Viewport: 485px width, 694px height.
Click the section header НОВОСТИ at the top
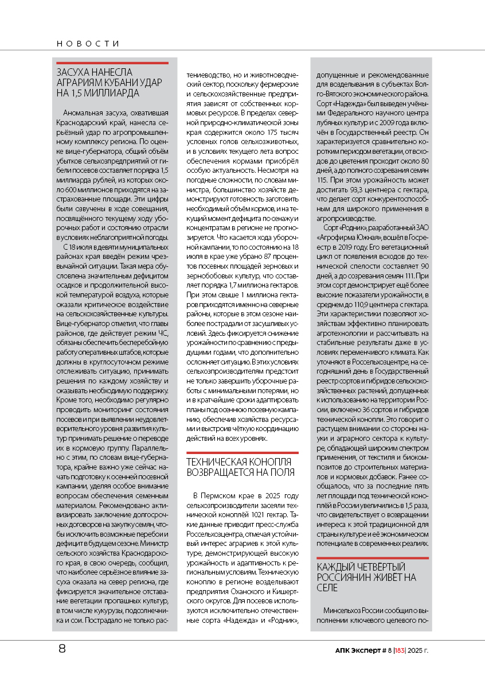(x=88, y=44)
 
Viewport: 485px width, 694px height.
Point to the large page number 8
(x=62, y=650)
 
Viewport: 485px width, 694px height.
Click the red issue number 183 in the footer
(x=397, y=650)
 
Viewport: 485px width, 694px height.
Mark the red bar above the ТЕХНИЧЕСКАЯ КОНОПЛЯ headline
(x=242, y=453)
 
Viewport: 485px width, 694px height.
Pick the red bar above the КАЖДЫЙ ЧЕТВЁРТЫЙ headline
(x=373, y=557)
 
